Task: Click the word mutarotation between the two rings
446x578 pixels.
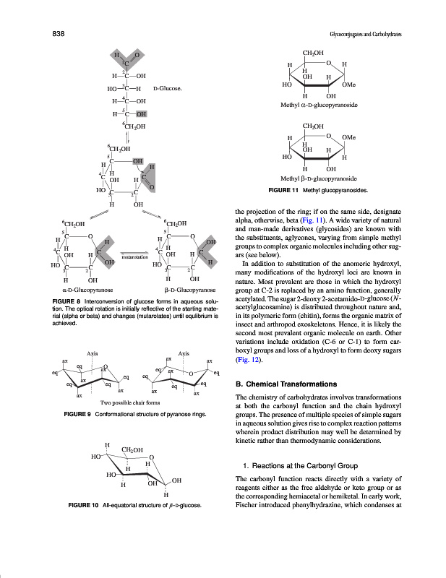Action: tap(135, 256)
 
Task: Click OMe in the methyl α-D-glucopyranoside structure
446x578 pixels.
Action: tap(349, 85)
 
